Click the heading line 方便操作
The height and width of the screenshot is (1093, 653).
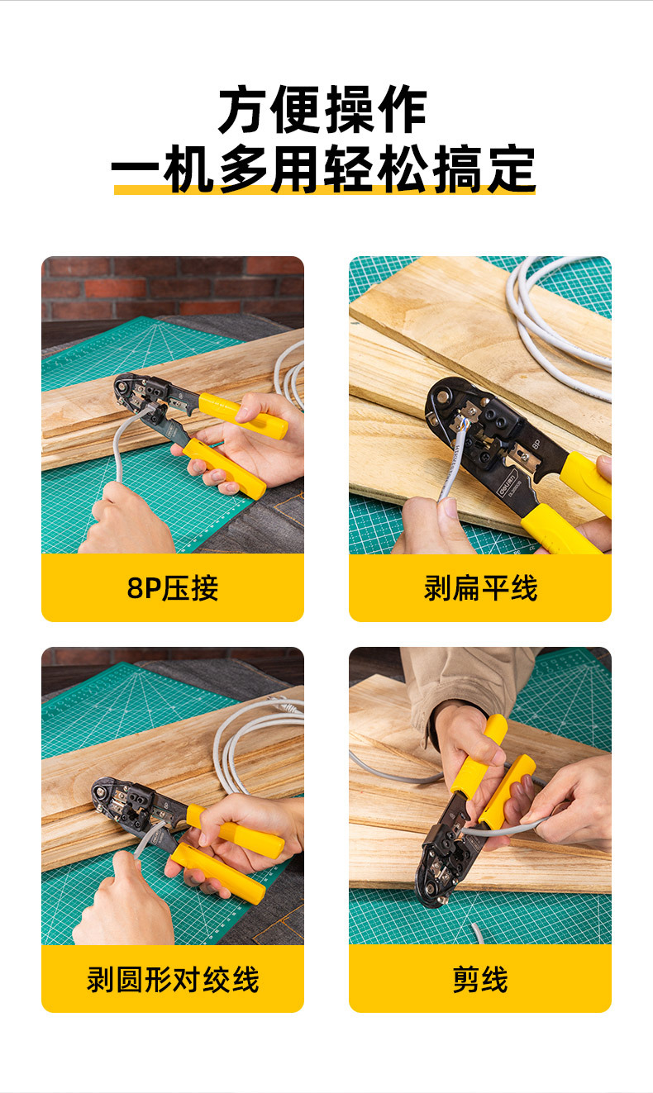(x=322, y=109)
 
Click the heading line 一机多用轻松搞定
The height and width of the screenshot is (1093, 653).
(x=323, y=169)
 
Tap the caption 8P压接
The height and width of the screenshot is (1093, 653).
(x=172, y=588)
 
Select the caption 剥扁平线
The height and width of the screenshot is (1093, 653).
(x=480, y=588)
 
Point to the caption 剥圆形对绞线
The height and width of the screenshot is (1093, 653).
(x=172, y=979)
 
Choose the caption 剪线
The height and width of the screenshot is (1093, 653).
(x=480, y=979)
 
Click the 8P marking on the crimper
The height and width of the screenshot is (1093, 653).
(x=536, y=444)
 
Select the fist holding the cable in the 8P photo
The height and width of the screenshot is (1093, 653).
(x=128, y=519)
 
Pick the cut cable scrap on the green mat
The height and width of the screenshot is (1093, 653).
(x=477, y=933)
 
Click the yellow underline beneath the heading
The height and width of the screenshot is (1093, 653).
(x=325, y=190)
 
